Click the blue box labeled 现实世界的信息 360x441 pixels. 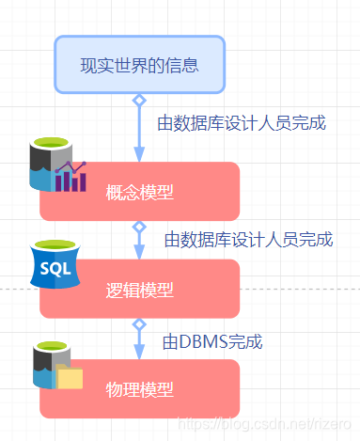[x=139, y=65]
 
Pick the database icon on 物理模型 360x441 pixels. [x=55, y=368]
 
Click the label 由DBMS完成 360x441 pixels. [x=211, y=340]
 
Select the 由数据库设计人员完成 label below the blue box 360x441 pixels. [x=242, y=122]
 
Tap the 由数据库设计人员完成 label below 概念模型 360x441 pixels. [x=248, y=240]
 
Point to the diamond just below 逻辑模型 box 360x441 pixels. [x=139, y=324]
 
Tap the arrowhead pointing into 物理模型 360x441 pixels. [x=139, y=351]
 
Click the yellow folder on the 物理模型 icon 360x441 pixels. [x=70, y=378]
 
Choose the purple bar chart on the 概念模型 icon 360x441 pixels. [x=70, y=176]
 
